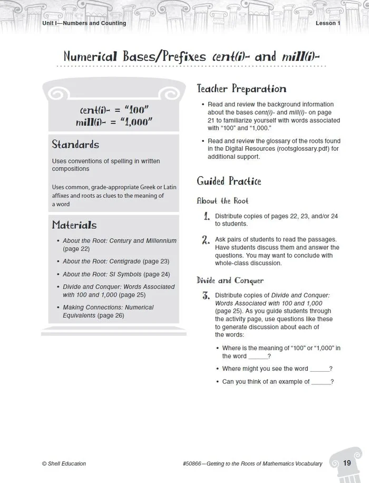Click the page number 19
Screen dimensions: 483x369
pos(346,463)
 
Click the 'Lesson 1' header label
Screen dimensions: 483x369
pos(328,23)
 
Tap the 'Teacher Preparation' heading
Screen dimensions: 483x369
pos(241,89)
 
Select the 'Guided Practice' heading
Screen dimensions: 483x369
pos(229,181)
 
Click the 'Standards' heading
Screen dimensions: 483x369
pos(75,144)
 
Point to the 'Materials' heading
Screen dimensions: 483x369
pos(74,225)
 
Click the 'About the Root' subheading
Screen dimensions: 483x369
pos(222,201)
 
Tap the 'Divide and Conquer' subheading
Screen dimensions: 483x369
pos(230,281)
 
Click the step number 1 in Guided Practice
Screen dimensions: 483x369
pos(207,216)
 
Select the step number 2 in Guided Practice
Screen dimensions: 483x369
pos(206,240)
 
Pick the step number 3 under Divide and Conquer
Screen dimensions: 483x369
pos(206,296)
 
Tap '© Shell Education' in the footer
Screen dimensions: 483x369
pos(64,463)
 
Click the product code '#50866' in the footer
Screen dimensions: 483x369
pos(192,463)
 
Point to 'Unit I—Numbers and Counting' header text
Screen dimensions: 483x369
pos(84,23)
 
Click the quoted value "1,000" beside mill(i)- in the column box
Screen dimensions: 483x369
pos(135,121)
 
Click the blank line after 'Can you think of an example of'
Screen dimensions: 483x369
pos(321,381)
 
